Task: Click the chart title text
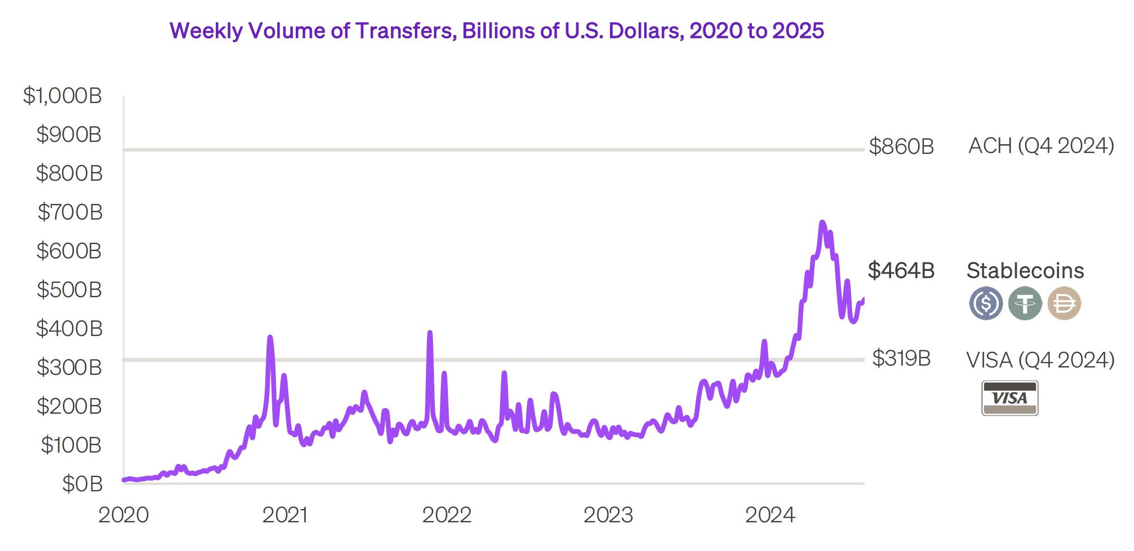click(497, 31)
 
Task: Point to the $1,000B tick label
click(62, 96)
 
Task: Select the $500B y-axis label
click(69, 290)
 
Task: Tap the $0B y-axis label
click(82, 484)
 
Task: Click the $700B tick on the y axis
click(70, 212)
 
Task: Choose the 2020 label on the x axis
click(123, 515)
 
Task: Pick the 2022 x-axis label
click(446, 515)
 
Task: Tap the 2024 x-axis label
click(770, 515)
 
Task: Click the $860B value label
click(901, 147)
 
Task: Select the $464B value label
click(901, 270)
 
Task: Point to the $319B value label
click(901, 358)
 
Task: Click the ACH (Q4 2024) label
click(1041, 146)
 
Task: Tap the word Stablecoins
click(1025, 271)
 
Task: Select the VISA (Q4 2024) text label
click(1040, 360)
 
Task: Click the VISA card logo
click(1010, 398)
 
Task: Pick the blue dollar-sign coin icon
click(986, 303)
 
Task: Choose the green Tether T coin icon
click(1025, 303)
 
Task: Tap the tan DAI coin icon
click(1064, 303)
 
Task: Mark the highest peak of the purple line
click(822, 223)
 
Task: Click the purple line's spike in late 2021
click(430, 333)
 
